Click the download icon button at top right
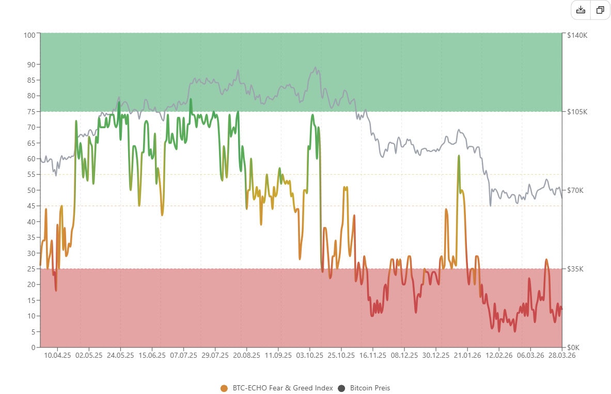[x=581, y=10]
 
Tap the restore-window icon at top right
[x=600, y=10]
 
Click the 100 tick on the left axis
[x=29, y=35]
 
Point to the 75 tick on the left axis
[x=31, y=112]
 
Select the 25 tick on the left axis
[x=31, y=269]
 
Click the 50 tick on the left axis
[x=31, y=190]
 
